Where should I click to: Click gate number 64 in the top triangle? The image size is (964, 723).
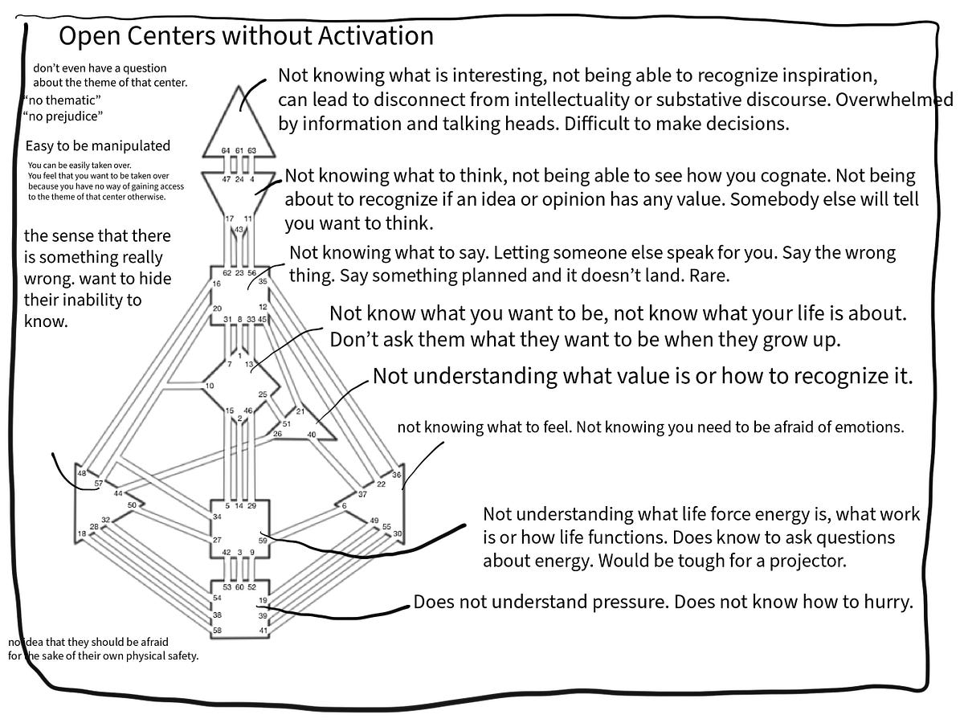coord(227,150)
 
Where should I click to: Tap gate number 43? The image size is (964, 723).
coord(239,229)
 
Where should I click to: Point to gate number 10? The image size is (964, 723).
coord(210,386)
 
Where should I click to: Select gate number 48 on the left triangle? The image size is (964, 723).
coord(82,473)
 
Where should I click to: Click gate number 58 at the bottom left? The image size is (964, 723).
coord(217,631)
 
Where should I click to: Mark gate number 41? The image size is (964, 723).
coord(263,631)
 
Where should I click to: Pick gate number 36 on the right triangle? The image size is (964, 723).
coord(396,475)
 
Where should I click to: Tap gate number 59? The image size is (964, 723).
coord(262,541)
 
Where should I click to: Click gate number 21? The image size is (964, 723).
coord(300,411)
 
